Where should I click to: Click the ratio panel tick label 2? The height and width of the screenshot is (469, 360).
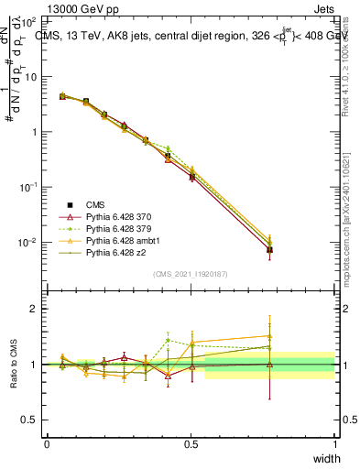pyautogui.click(x=37, y=309)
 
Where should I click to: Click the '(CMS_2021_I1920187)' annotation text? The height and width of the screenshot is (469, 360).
pyautogui.click(x=190, y=274)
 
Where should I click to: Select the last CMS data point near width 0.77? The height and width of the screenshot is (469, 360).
pyautogui.click(x=269, y=249)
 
